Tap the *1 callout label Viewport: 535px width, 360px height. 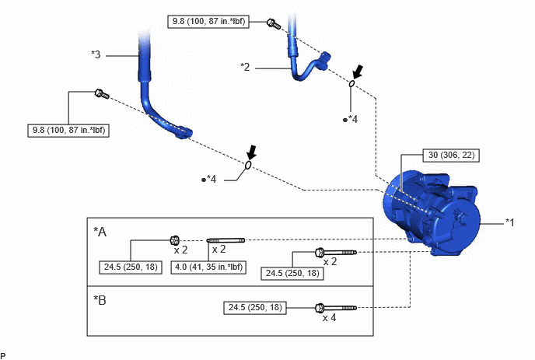point(510,222)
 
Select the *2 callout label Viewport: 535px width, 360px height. point(245,67)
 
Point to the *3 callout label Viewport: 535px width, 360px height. point(96,54)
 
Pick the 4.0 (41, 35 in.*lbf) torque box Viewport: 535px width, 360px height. point(208,267)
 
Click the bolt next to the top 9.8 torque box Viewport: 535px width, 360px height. point(274,24)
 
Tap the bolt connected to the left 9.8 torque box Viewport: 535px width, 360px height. point(102,94)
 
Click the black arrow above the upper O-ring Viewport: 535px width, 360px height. point(358,72)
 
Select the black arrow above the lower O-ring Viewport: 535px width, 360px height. point(251,152)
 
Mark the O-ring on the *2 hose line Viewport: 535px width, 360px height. point(351,83)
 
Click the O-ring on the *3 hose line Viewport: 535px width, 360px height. point(248,165)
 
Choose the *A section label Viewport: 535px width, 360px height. point(100,232)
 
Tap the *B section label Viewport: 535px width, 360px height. point(100,300)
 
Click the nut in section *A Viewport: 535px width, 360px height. point(175,240)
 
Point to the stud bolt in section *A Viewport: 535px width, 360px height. point(226,240)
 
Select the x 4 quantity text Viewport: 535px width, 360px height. point(329,318)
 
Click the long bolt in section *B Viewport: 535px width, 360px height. point(336,308)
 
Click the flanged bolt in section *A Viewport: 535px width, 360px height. point(336,253)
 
